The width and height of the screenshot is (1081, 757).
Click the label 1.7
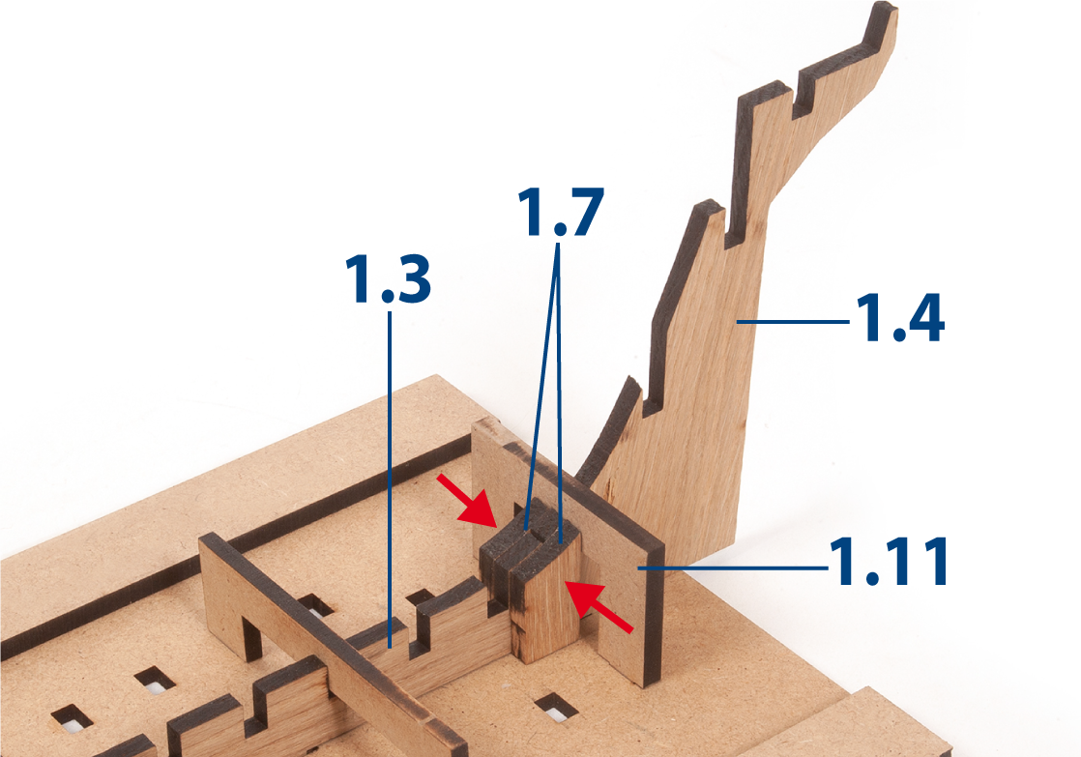tap(561, 212)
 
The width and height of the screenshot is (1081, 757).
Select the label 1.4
tap(900, 317)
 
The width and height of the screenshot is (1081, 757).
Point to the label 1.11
tap(889, 561)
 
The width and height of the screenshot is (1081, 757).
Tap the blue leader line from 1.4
tap(793, 321)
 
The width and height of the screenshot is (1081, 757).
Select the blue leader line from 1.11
tap(733, 568)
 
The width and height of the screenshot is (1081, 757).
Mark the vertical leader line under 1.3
tap(390, 480)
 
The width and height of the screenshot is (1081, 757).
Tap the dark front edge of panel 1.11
tap(655, 614)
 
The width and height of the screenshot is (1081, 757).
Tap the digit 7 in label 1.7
tap(585, 212)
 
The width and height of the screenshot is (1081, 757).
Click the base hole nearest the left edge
tap(72, 717)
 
